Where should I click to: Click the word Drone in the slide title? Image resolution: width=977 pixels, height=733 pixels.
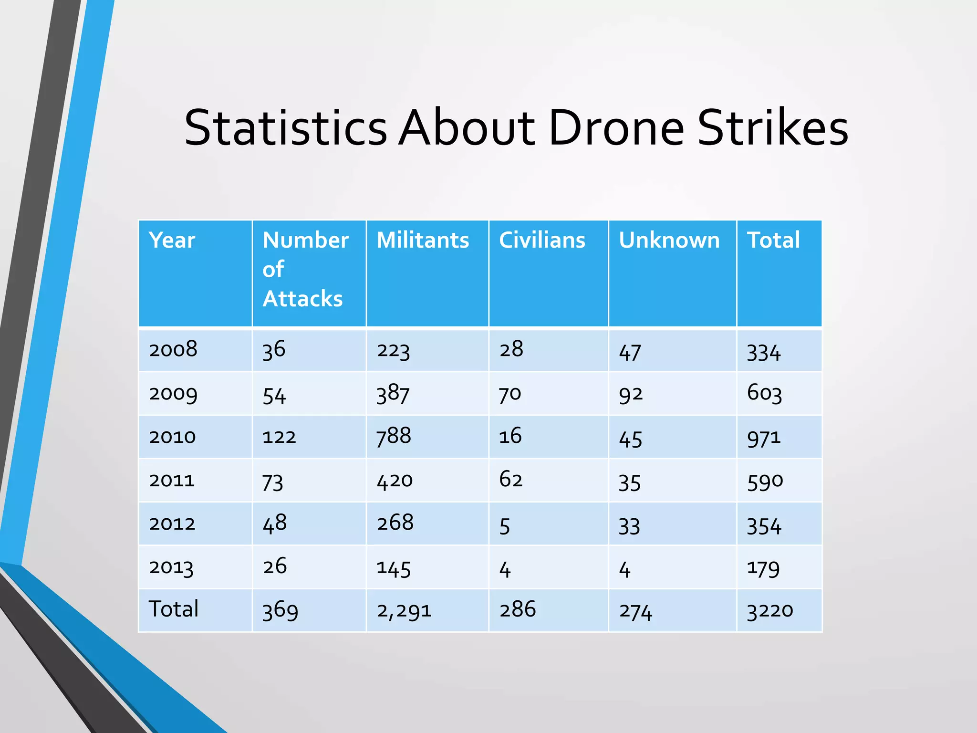[616, 128]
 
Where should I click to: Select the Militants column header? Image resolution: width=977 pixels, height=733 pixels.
[423, 240]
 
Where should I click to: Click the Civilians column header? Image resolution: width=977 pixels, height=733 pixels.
[542, 240]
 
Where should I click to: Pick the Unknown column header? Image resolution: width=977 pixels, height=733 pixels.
[669, 240]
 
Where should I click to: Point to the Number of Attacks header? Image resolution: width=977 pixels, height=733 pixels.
[305, 269]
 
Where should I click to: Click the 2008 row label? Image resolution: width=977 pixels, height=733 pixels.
[173, 350]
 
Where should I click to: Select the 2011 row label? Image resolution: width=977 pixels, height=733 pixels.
[172, 480]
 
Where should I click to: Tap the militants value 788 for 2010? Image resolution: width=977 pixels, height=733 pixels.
[394, 436]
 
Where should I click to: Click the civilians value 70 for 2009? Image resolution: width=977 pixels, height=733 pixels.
[510, 394]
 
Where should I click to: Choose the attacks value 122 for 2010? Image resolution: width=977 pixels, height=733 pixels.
[279, 437]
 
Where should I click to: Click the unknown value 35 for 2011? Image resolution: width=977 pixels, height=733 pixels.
[629, 482]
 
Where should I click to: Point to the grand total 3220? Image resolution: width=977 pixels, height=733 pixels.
[769, 610]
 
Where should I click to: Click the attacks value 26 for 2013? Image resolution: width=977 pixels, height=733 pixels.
[275, 566]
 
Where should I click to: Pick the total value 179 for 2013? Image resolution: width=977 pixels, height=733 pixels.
[763, 568]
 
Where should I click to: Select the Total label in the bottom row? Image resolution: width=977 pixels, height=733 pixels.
[174, 609]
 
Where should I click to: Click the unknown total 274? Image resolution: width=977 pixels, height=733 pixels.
[635, 611]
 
